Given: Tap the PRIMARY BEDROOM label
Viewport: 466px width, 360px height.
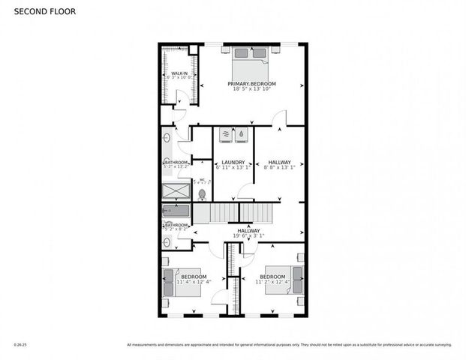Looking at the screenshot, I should pos(252,83).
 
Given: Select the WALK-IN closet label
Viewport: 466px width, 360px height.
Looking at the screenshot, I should pos(179,72).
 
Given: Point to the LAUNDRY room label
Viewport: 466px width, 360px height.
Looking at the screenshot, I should pos(233,162).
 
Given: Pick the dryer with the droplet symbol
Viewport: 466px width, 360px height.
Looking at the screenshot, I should pos(241,135).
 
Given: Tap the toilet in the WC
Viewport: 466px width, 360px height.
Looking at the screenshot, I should pos(202,193).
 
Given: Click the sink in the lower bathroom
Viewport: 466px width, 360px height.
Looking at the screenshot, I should pos(167,241).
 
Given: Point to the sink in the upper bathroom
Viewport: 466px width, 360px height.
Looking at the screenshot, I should pos(167,139).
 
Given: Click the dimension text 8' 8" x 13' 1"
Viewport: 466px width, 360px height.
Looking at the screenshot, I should pos(280,168).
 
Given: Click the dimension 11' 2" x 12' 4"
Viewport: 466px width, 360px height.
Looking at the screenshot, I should pos(273,282).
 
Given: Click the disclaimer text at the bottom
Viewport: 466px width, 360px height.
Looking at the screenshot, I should pos(289,344).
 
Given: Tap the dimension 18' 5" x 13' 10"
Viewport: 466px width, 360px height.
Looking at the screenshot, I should pos(252,89).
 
